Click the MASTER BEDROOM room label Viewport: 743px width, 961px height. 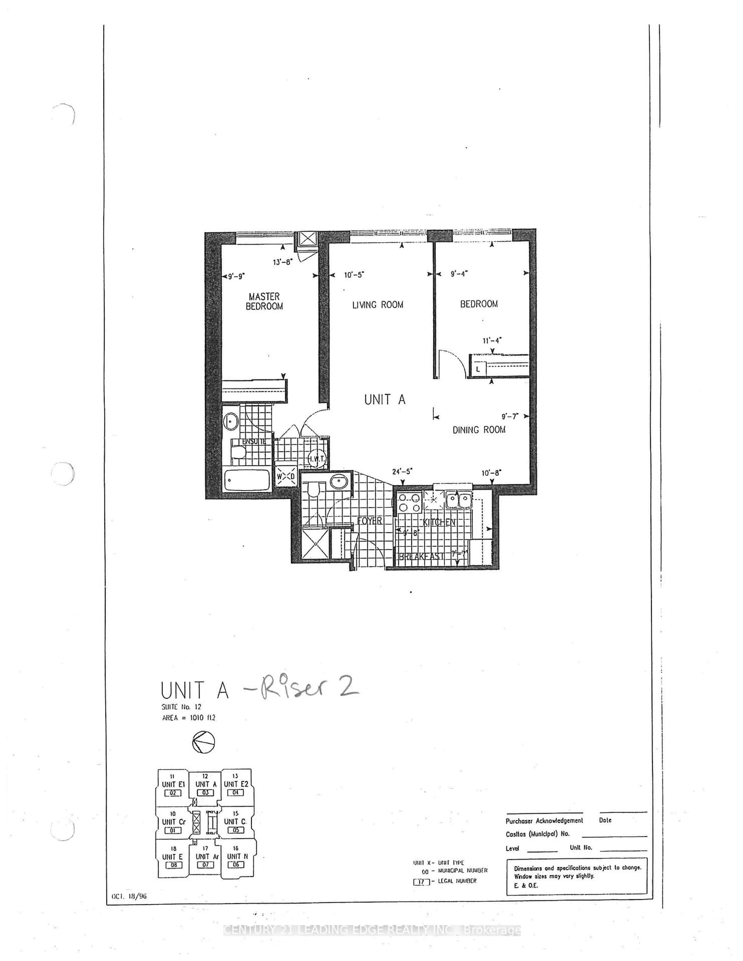pos(264,301)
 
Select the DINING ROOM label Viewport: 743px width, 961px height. pos(479,429)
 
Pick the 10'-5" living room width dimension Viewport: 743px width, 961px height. pos(354,275)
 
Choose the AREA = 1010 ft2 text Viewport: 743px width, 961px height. pos(188,718)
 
